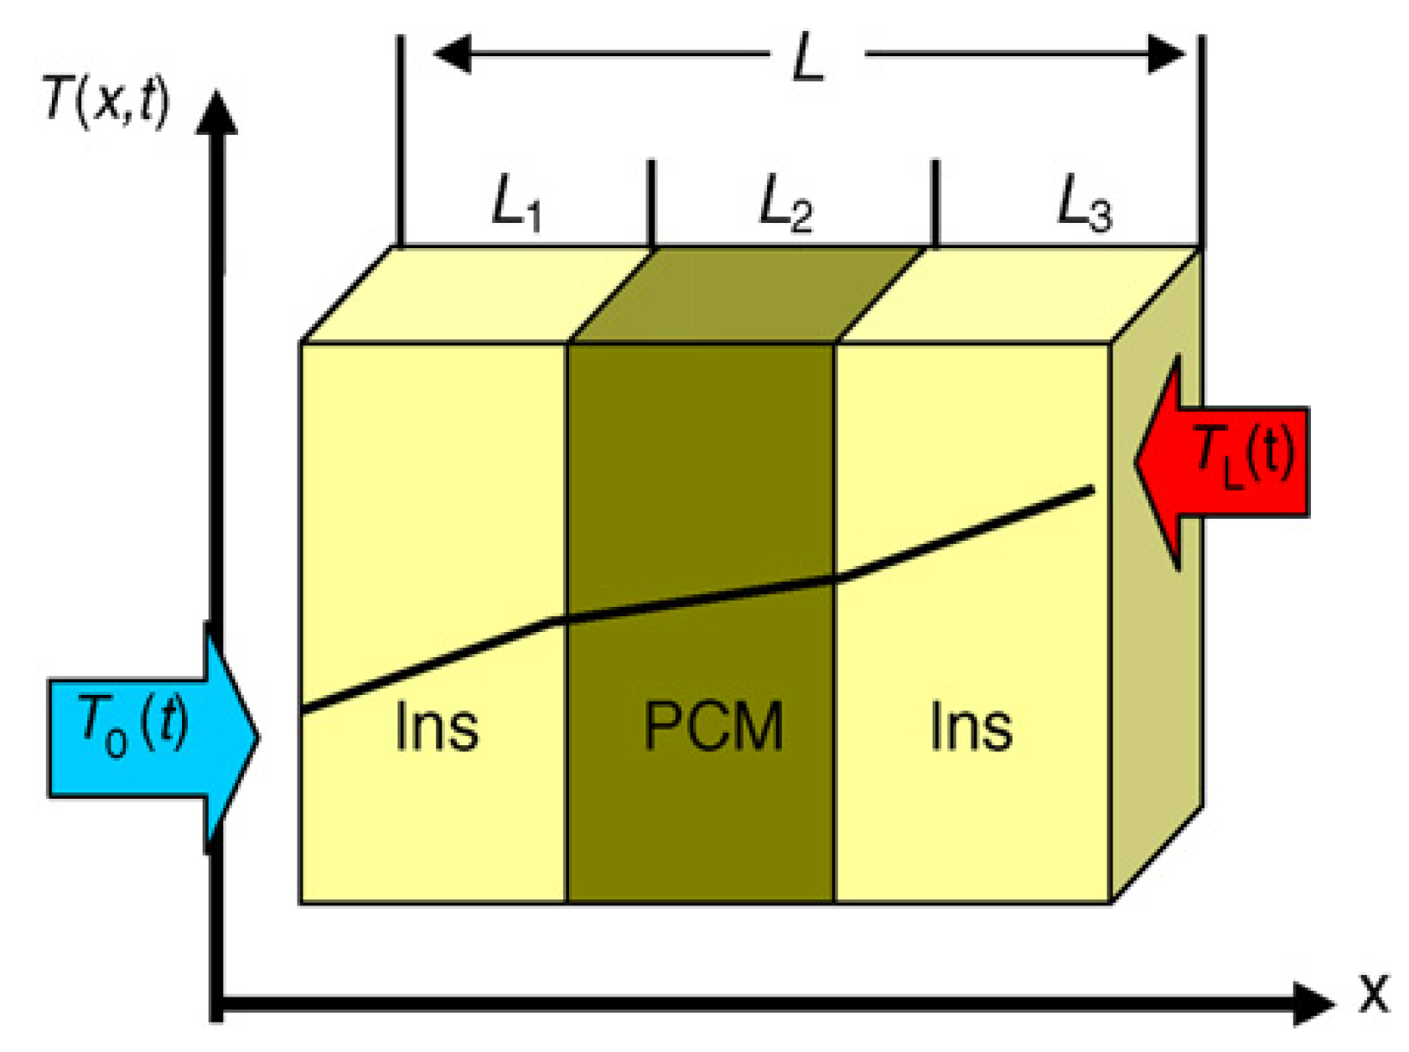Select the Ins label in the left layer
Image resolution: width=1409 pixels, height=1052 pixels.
click(437, 726)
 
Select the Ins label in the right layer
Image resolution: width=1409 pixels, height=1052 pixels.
click(971, 726)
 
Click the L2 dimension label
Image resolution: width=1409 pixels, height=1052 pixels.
click(785, 205)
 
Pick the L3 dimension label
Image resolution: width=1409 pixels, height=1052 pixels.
click(1084, 205)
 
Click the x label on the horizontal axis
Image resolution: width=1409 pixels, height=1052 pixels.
click(1373, 993)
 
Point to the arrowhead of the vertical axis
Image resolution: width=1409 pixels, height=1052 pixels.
click(217, 113)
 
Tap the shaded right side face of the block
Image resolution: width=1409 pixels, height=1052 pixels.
click(1157, 587)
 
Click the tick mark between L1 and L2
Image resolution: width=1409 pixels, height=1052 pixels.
click(651, 201)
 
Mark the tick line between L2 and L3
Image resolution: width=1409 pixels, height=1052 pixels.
click(935, 201)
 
